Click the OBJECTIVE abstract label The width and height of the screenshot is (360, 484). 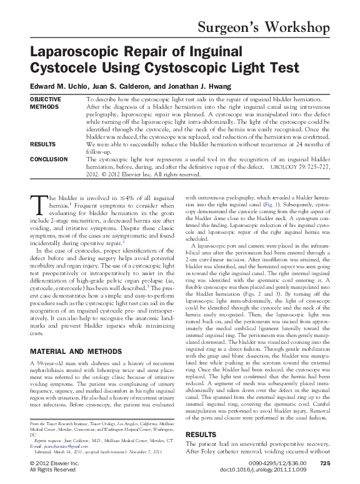pos(46,99)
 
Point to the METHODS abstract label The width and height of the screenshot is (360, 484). pos(43,106)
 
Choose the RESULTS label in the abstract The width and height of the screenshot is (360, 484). pos(42,144)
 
